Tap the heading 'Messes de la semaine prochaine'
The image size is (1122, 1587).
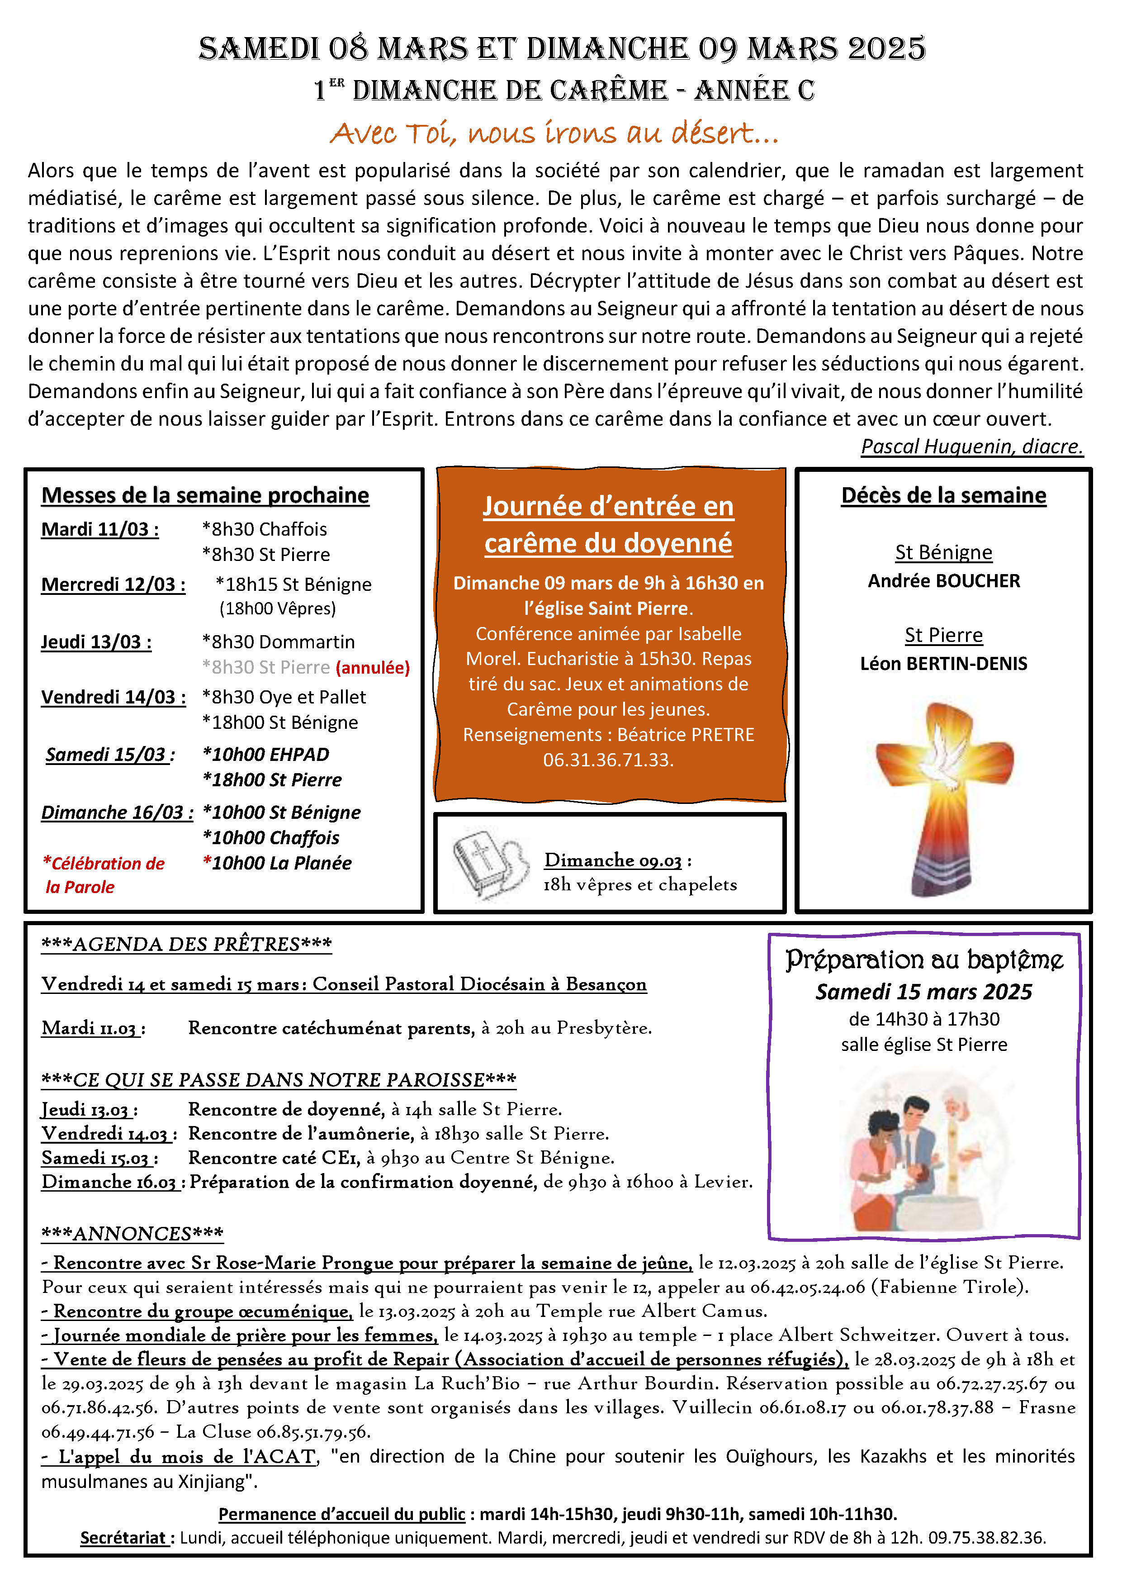click(205, 495)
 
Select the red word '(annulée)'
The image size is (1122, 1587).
click(372, 668)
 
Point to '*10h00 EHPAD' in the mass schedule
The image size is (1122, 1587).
click(265, 754)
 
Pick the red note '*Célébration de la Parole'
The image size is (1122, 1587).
click(104, 875)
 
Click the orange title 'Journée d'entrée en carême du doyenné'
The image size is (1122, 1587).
click(608, 525)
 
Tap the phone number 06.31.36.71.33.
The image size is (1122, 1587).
click(608, 760)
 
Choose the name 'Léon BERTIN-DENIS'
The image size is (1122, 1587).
click(944, 664)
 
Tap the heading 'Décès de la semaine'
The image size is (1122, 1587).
click(944, 495)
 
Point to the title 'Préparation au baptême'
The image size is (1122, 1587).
click(924, 960)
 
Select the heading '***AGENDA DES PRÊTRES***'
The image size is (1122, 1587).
click(186, 944)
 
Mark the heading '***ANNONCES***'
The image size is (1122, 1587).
click(133, 1234)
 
